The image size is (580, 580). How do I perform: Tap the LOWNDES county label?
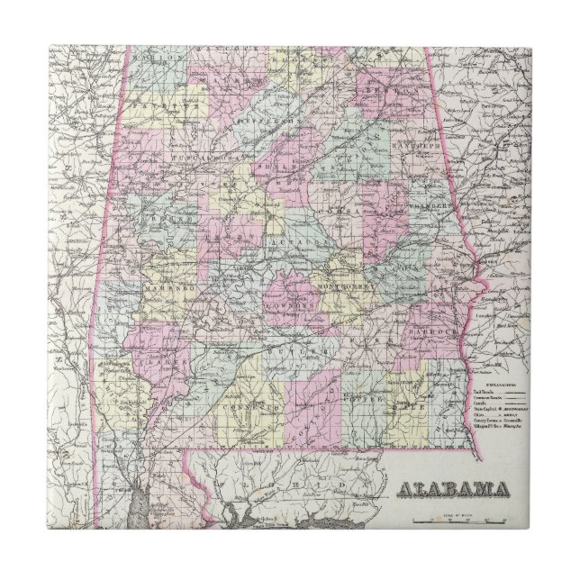(x=293, y=305)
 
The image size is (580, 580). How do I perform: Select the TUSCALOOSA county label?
(x=195, y=158)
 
